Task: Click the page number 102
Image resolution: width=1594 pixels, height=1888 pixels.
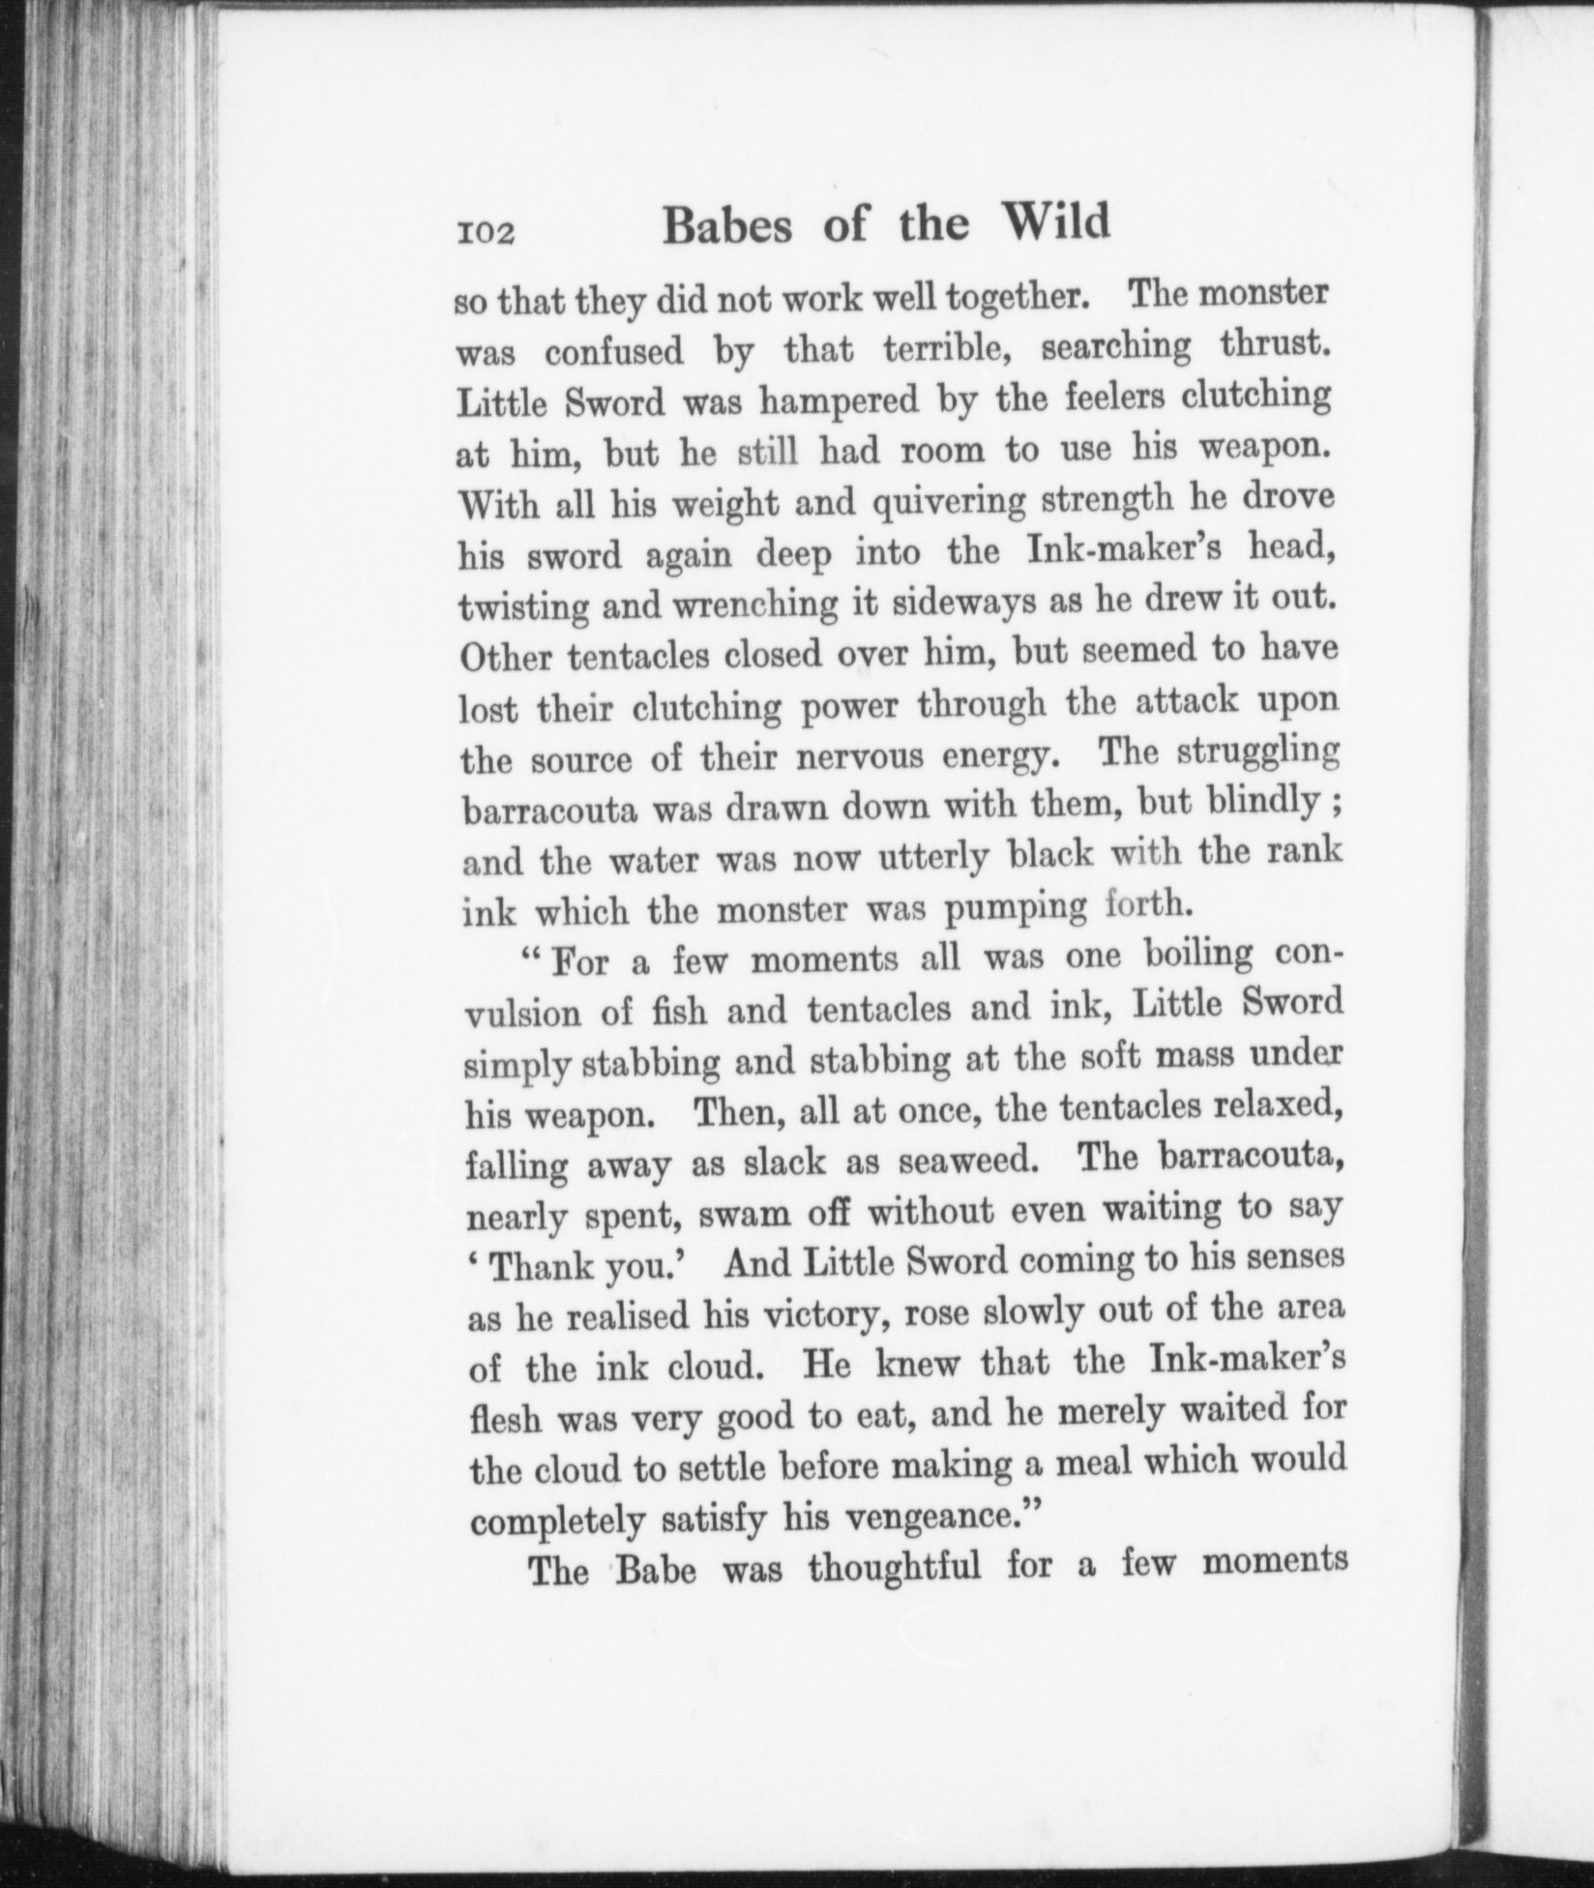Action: (x=487, y=235)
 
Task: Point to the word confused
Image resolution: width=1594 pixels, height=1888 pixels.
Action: (x=613, y=352)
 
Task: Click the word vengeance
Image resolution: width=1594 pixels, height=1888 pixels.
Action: (x=934, y=1516)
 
